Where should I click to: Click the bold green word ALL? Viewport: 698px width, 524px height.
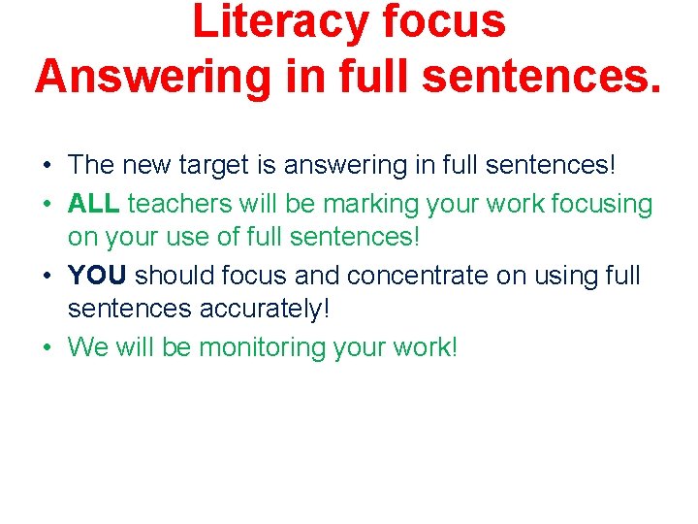coord(94,204)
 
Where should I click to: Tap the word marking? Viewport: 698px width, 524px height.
coord(365,204)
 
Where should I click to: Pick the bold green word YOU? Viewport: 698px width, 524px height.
coord(98,276)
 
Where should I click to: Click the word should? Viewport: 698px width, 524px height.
coord(174,276)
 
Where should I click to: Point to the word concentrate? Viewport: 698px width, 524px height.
coord(417,276)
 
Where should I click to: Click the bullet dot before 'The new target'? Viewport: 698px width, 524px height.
coord(48,167)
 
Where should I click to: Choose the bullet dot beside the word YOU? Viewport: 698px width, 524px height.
coord(48,277)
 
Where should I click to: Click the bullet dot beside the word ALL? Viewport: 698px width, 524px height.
coord(48,205)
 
